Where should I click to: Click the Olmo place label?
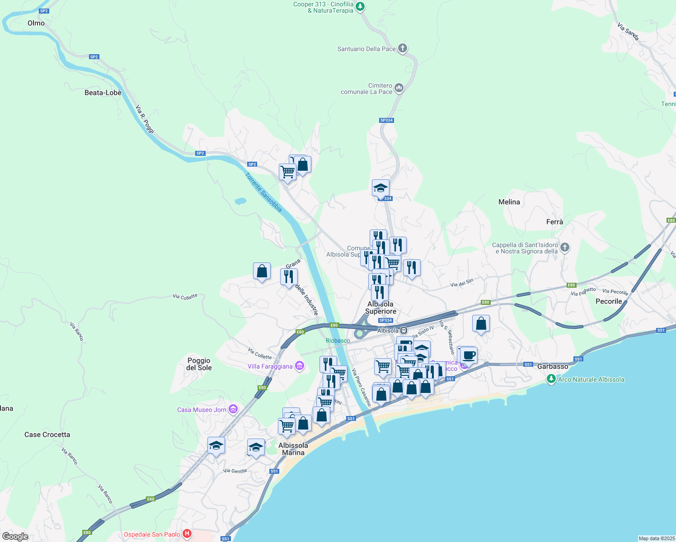pos(36,23)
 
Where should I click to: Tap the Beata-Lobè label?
pos(103,93)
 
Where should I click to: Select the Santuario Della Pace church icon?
pos(403,48)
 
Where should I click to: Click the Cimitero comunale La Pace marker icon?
pos(399,88)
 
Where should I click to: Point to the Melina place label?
pos(509,202)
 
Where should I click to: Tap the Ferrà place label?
pos(554,222)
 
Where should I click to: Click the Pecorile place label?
pos(609,301)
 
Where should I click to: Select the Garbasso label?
pos(553,366)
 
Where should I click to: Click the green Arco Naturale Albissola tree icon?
pos(551,379)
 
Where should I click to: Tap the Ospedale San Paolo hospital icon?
pos(187,534)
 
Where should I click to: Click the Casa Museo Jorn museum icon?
pos(233,409)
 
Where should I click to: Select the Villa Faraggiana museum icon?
pos(299,366)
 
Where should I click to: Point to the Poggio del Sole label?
pos(199,364)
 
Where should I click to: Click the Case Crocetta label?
pos(47,435)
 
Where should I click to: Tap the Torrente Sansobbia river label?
pos(264,192)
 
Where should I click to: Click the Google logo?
pos(15,536)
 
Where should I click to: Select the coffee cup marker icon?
pos(469,355)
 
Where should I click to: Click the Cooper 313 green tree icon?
pos(360,6)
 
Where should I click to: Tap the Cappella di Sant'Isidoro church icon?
pos(565,247)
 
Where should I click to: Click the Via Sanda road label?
pos(628,32)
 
